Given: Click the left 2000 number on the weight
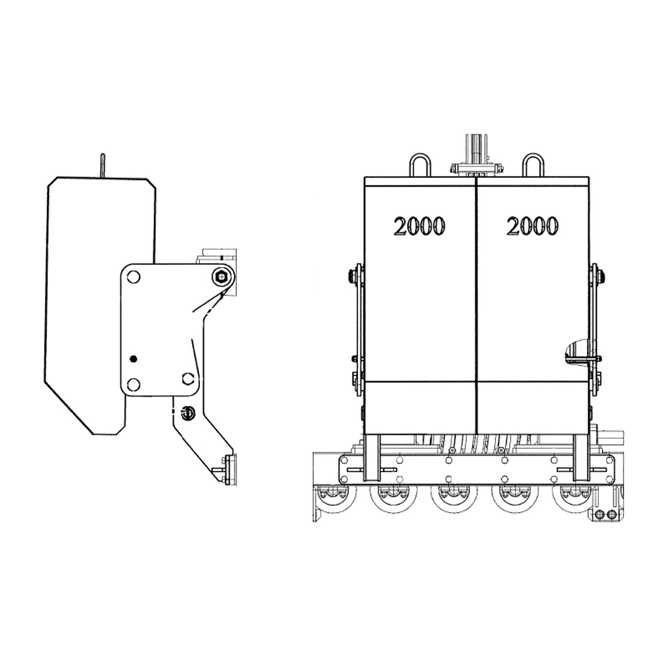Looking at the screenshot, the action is click(x=419, y=226).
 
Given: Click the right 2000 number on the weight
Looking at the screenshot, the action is click(x=533, y=226).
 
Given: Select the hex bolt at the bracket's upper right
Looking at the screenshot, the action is click(x=221, y=278).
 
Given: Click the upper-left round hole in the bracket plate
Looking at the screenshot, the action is click(x=133, y=278).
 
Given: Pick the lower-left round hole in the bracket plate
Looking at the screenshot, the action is click(x=133, y=384).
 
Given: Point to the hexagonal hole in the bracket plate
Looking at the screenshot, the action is click(x=188, y=378).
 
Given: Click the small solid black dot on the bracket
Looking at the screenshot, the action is click(x=133, y=359).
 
